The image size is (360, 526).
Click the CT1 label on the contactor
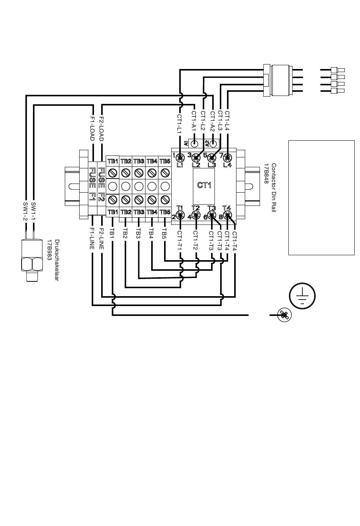pos(204,185)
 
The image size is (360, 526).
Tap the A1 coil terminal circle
pos(194,143)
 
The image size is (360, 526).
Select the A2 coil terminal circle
pos(213,143)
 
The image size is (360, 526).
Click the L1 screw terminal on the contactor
pos(180,157)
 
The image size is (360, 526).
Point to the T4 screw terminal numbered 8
pos(227,215)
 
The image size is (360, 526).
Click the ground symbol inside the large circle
pos(302,296)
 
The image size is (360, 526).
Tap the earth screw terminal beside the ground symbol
pos(284,315)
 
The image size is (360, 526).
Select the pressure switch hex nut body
pos(32,264)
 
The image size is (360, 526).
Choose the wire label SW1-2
pos(25,211)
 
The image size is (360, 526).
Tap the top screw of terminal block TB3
pos(139,173)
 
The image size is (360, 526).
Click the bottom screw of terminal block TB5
pos(165,199)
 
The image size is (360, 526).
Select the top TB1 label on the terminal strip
pos(113,161)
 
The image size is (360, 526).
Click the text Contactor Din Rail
pos(274,188)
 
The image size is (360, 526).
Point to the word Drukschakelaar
pos(57,260)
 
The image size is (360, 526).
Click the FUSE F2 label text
pos(102,184)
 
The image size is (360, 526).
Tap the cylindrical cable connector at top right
pos(278,80)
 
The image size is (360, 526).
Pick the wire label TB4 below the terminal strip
pos(151,234)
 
